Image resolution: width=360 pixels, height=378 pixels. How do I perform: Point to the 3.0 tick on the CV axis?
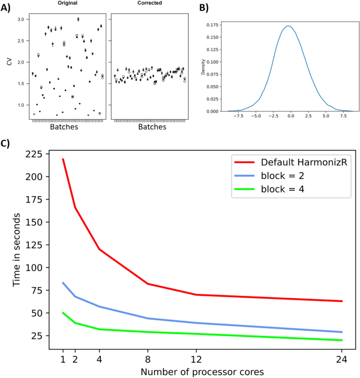[22, 19]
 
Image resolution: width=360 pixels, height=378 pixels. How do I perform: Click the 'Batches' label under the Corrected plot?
[149, 127]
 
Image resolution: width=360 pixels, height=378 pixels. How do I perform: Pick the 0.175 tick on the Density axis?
[212, 24]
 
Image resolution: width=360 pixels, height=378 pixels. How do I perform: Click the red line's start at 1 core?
[63, 159]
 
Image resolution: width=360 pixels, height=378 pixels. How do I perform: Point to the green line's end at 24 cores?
[342, 340]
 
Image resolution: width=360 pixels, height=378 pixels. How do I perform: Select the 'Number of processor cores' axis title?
[202, 372]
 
